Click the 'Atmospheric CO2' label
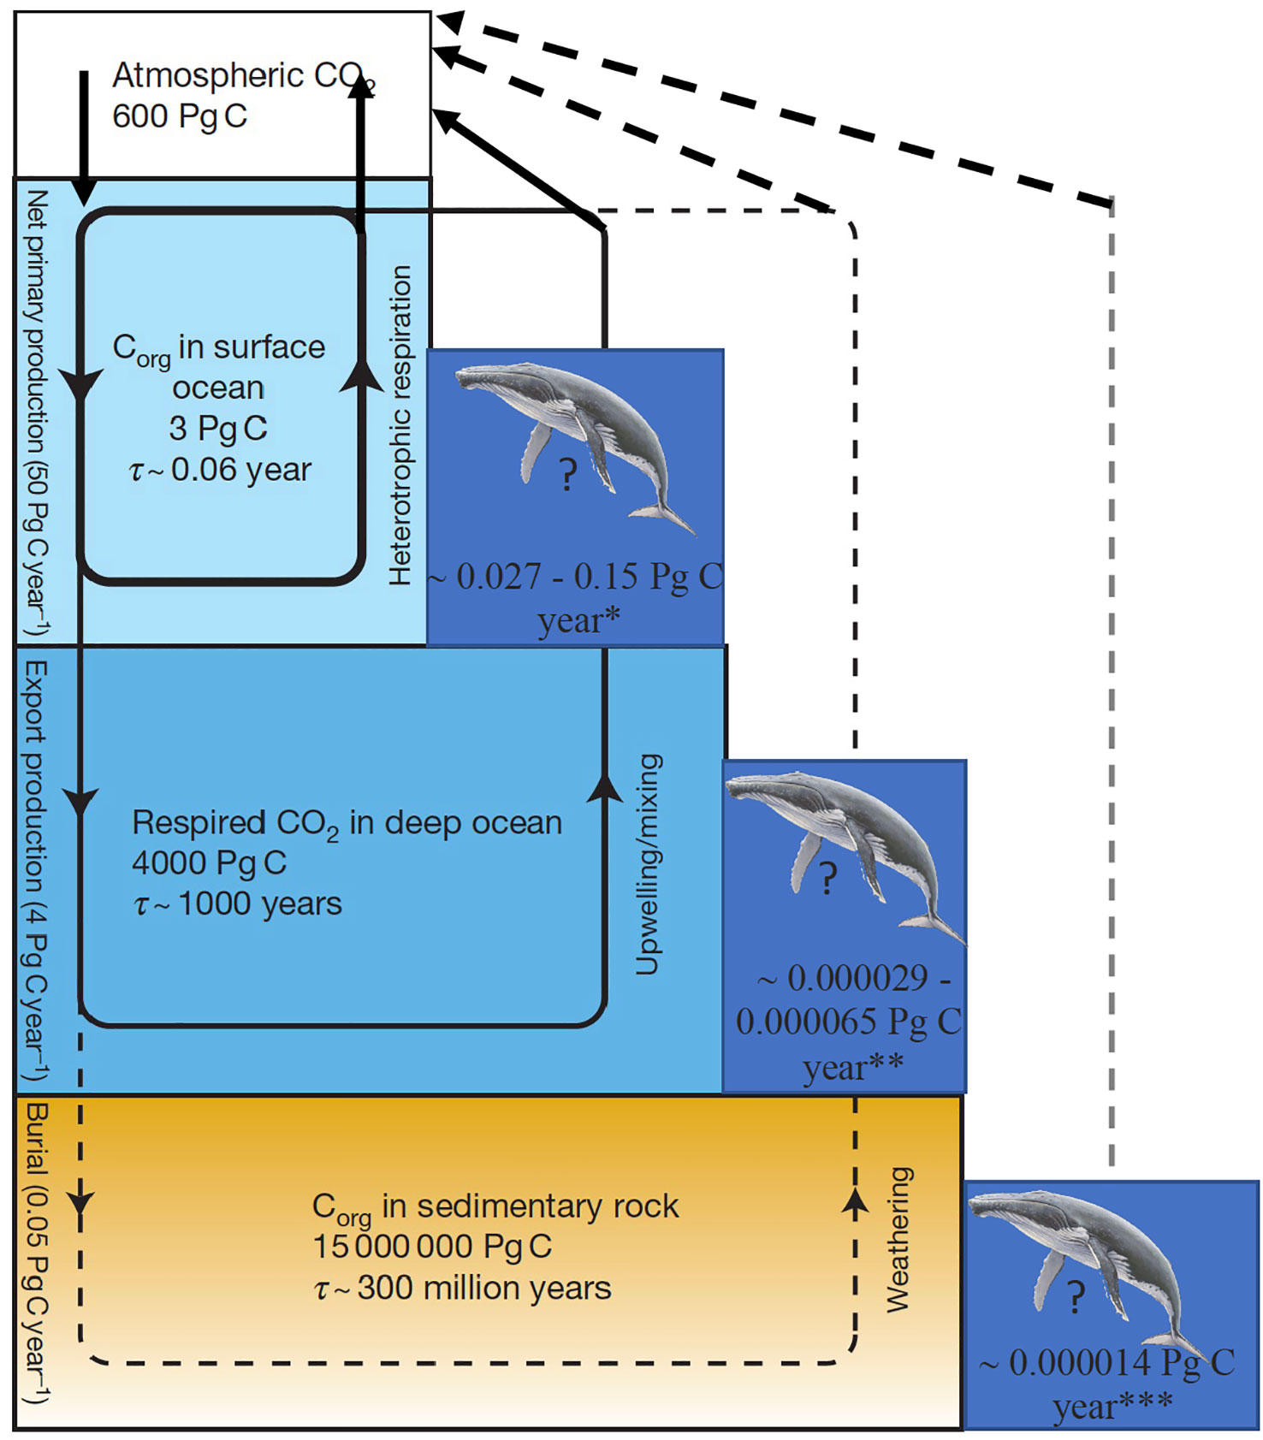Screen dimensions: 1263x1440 point(244,77)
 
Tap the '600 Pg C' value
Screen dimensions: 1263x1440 point(180,116)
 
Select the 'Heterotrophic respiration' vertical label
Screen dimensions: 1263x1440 point(400,425)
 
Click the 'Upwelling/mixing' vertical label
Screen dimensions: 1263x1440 point(648,864)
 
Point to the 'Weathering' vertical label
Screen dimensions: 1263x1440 point(898,1240)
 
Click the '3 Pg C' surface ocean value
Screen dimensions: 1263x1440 point(218,429)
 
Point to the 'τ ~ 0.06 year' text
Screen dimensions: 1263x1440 point(220,470)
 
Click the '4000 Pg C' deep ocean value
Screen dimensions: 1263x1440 point(210,862)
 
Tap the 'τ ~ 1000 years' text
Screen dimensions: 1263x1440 point(238,904)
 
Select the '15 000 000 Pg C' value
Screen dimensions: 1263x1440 point(432,1247)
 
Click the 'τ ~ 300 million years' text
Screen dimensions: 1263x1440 point(463,1288)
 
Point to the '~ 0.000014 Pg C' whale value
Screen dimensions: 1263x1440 point(1107,1363)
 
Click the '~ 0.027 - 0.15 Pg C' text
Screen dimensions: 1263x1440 point(575,577)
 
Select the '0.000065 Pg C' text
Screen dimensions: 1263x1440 point(849,1022)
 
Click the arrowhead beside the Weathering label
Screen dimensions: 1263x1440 point(855,1201)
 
